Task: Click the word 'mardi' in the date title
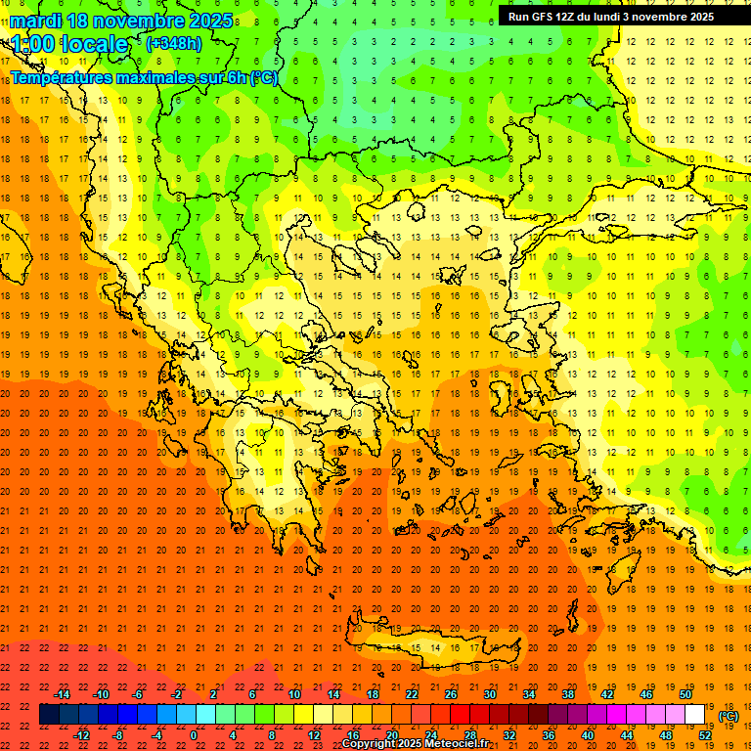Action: (32, 20)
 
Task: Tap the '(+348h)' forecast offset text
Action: (176, 44)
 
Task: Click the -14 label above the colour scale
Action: (62, 694)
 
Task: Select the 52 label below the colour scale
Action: (705, 735)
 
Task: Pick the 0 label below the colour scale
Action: (194, 735)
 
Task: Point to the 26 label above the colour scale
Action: (451, 694)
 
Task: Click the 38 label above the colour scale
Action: (567, 694)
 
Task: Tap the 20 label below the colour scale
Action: (391, 735)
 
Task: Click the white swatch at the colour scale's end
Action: (695, 715)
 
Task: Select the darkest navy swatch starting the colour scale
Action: (49, 715)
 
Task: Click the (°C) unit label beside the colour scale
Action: (729, 716)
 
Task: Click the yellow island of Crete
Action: (430, 645)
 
